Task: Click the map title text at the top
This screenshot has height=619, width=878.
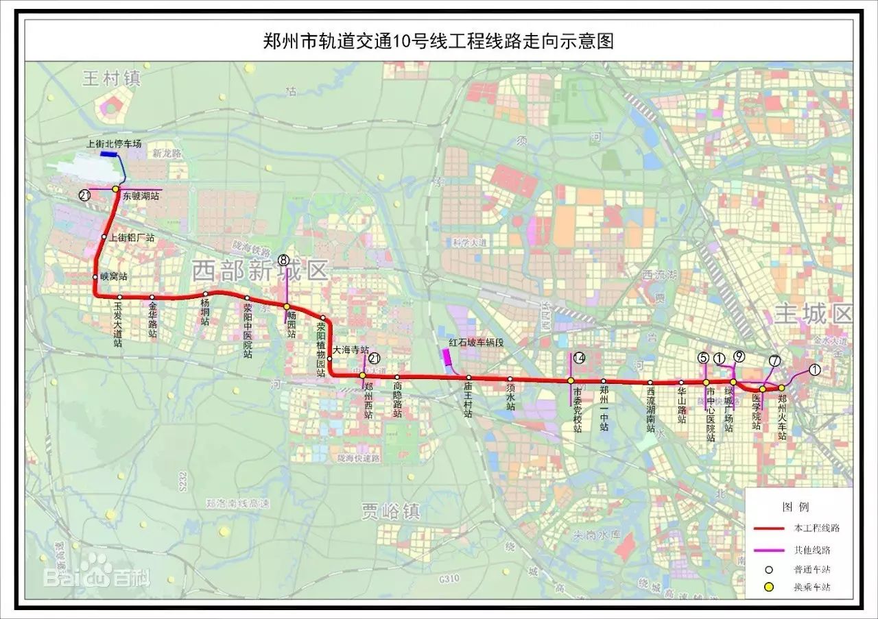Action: tap(438, 41)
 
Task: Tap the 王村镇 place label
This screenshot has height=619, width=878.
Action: tap(111, 78)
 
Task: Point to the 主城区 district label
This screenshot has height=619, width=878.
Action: tap(813, 314)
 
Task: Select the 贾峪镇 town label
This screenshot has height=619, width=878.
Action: tap(391, 511)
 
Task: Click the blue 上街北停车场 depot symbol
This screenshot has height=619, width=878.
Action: tap(108, 155)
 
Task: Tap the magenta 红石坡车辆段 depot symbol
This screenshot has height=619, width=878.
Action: tap(447, 356)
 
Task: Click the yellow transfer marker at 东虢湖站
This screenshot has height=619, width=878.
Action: tap(116, 189)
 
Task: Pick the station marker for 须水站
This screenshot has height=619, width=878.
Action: tap(510, 378)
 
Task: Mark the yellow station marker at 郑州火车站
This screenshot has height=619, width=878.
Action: tap(781, 388)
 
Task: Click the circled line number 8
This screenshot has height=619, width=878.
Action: tap(284, 259)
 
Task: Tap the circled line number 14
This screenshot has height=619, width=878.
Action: tap(579, 358)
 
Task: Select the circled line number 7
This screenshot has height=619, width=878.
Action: tap(774, 361)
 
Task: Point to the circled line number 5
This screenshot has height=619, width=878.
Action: tap(703, 357)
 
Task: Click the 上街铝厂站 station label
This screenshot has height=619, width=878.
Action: tap(132, 237)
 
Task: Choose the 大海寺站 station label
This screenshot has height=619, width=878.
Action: tap(351, 350)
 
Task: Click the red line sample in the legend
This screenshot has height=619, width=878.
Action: tap(768, 529)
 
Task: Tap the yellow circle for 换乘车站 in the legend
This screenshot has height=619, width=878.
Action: tap(769, 587)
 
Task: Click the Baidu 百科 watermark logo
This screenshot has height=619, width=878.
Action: tap(96, 576)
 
